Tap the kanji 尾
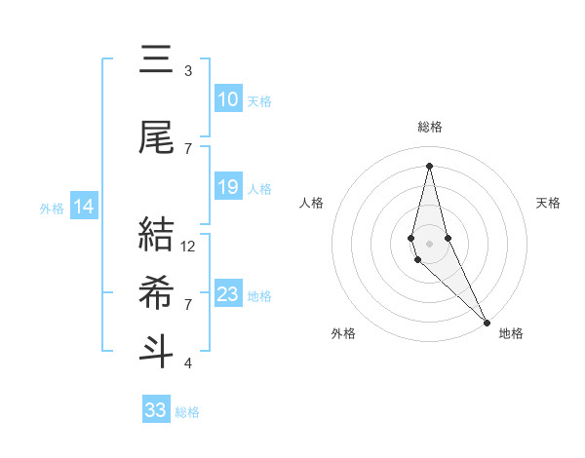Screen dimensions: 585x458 coord(157,138)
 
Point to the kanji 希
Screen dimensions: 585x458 coord(157,292)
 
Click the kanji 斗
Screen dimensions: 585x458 coord(157,351)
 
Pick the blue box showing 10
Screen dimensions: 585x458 coord(227,99)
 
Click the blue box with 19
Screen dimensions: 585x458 coord(227,187)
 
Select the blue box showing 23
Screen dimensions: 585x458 coord(227,294)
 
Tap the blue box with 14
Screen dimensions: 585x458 coord(84,207)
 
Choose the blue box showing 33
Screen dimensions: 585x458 coord(155,410)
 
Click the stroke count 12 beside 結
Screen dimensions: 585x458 coord(189,247)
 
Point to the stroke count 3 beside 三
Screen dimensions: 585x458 coord(187,71)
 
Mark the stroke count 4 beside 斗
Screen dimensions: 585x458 coord(187,363)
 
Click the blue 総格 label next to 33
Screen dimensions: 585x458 coord(187,412)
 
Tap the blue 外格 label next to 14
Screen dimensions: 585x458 coord(52,208)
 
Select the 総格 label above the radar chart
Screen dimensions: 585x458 coord(430,127)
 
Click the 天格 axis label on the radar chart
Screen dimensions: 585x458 coord(548,203)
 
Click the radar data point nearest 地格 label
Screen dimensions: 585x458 coord(487,322)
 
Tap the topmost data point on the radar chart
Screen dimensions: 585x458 coord(429,166)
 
